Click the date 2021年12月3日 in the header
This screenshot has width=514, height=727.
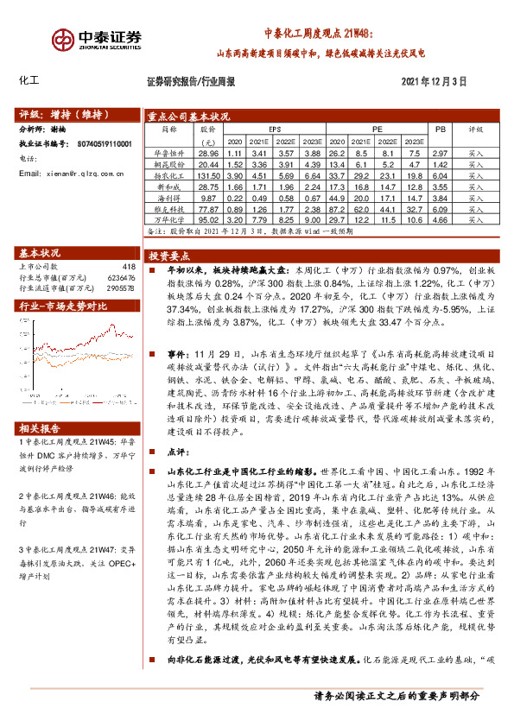(x=434, y=81)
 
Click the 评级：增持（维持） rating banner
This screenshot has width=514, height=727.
(x=58, y=113)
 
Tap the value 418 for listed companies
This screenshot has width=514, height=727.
(x=130, y=267)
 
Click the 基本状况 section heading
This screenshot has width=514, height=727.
(x=40, y=253)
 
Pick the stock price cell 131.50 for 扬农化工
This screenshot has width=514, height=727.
(x=207, y=174)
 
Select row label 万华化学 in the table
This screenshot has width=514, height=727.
(x=171, y=219)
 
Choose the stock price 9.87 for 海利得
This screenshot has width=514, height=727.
(x=207, y=197)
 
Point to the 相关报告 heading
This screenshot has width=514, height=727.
(x=40, y=428)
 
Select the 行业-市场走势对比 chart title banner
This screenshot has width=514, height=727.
(x=63, y=306)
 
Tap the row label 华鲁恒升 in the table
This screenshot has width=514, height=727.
(x=171, y=152)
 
